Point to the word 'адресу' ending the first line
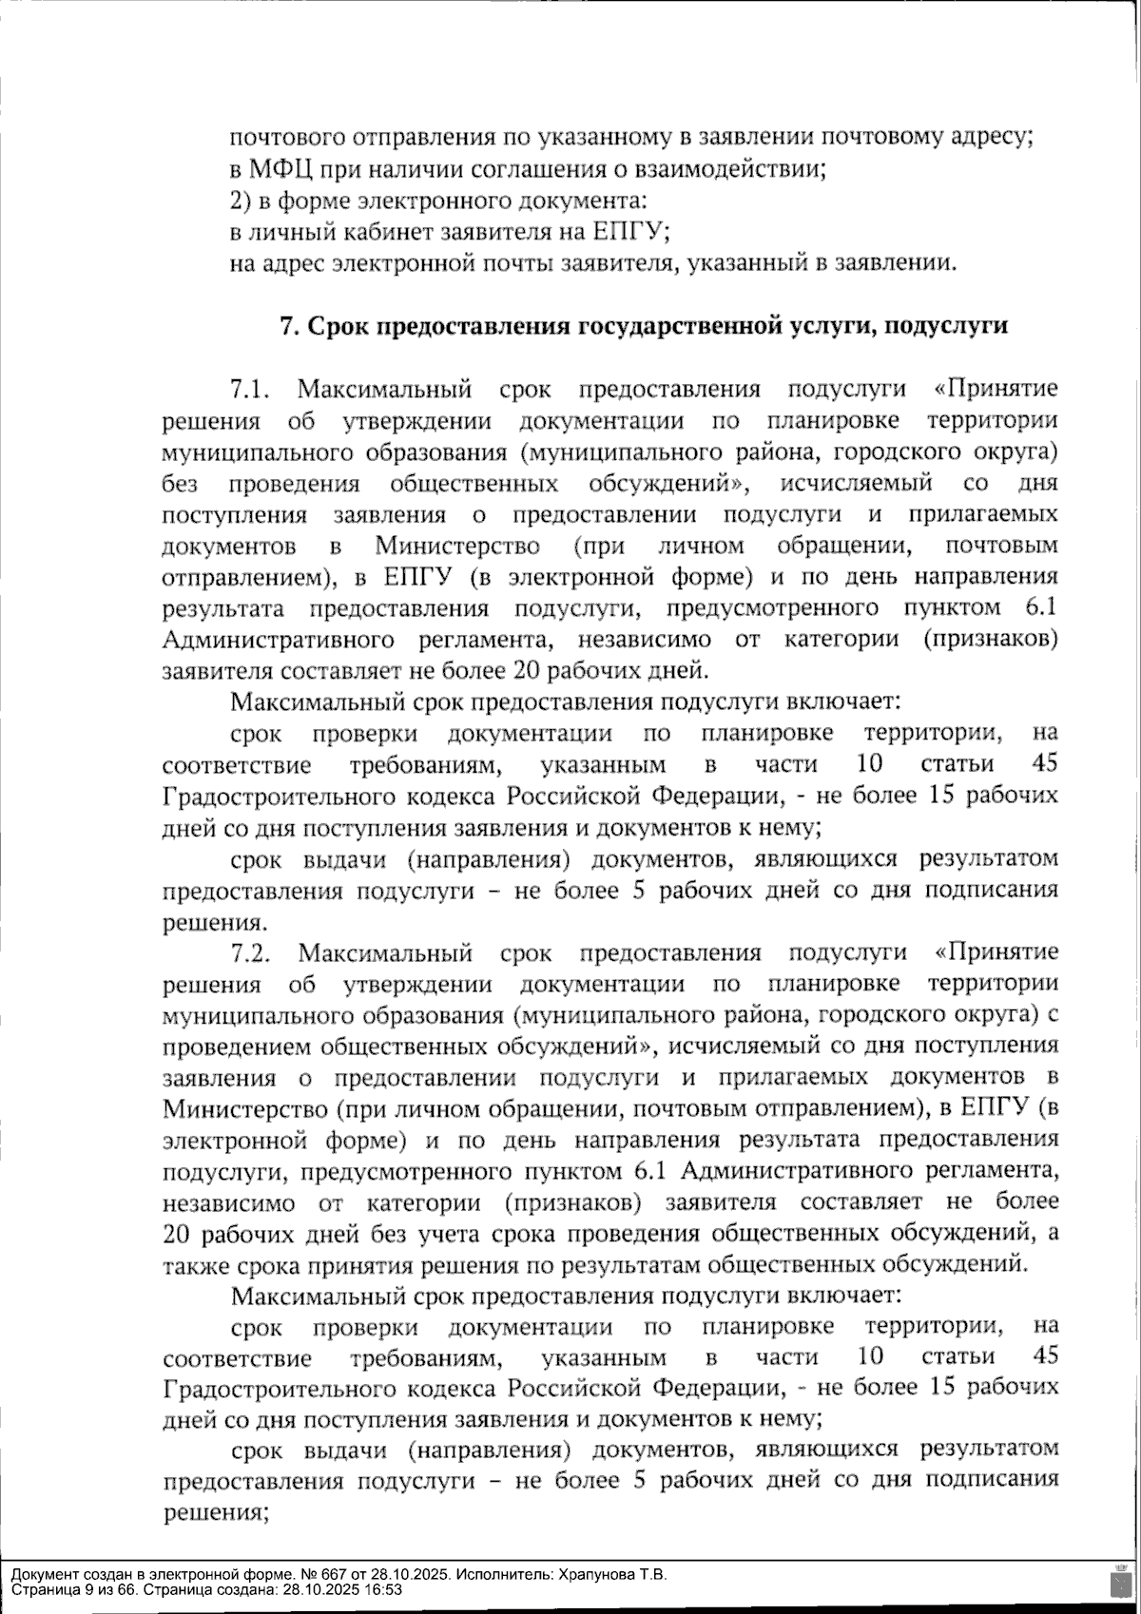[x=994, y=139]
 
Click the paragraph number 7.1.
[x=251, y=389]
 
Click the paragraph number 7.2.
[x=251, y=952]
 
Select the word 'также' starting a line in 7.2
[x=194, y=1265]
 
